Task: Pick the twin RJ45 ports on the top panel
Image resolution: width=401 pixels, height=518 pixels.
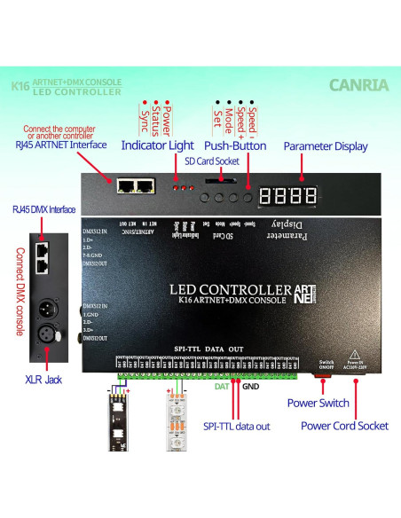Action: tap(135, 185)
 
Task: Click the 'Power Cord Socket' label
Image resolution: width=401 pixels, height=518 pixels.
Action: tap(344, 426)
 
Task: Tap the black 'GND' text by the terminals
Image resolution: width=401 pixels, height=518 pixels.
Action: tap(251, 387)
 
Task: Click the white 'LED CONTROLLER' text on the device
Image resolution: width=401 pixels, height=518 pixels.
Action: tap(229, 290)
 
